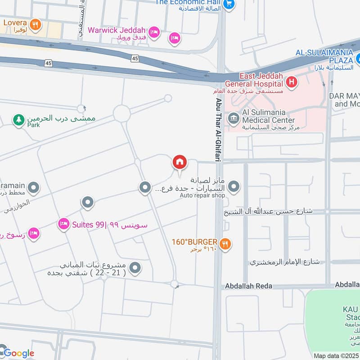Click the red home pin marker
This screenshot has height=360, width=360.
point(180,162)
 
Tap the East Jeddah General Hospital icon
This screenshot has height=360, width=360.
point(292,82)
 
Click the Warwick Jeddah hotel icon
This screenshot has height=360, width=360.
point(154,32)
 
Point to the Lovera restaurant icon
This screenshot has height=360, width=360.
point(35,24)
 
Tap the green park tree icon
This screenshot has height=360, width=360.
point(18,120)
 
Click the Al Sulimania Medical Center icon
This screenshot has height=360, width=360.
point(234,119)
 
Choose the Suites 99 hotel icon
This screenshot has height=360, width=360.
point(63,223)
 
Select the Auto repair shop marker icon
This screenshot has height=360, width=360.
point(234,186)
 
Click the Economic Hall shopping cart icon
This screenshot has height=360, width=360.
point(229,4)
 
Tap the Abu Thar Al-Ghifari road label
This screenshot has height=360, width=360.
point(219,121)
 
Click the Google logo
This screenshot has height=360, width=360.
point(18,353)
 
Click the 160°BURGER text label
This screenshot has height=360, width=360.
point(194,242)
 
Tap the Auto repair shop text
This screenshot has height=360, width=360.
point(202,195)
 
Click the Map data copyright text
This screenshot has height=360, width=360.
point(336,356)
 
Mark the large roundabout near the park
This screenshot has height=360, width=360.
point(121,113)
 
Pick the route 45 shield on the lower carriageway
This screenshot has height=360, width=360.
point(48,63)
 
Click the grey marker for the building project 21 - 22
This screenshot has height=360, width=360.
point(135,269)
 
